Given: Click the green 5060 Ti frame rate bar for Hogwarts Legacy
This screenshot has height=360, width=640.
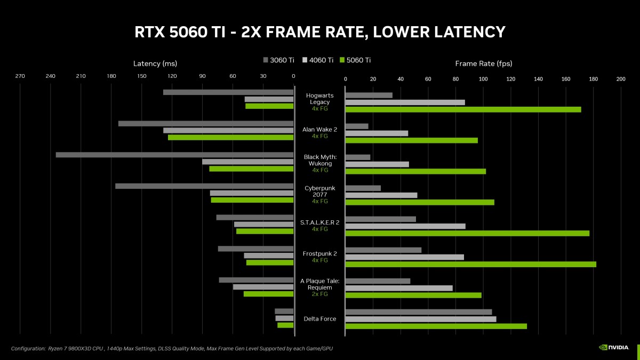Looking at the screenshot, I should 463,109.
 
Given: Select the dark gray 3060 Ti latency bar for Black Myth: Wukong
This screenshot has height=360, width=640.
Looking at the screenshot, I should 174,155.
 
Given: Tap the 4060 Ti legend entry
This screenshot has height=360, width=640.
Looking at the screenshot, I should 318,60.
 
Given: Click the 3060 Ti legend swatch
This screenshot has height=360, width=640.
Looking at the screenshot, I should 266,60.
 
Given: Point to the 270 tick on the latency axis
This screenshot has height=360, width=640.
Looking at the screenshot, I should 20,76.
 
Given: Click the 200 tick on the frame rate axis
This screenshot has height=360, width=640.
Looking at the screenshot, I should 620,79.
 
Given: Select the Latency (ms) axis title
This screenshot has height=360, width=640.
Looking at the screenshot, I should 155,63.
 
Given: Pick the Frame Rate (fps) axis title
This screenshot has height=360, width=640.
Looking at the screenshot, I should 483,63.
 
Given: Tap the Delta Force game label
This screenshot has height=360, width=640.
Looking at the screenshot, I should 320,319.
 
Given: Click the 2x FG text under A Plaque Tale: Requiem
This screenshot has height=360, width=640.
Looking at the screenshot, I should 320,294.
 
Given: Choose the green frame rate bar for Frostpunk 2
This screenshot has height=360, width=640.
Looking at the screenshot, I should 470,264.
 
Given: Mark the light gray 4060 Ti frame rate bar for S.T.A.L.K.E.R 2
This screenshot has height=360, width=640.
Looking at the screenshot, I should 405,226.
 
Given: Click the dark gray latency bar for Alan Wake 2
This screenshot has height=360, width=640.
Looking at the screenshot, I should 206,124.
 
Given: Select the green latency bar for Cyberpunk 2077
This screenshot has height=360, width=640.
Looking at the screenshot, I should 252,200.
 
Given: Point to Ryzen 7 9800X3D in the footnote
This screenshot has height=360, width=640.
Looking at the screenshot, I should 71,348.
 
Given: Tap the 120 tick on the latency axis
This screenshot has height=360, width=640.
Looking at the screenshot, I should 172,76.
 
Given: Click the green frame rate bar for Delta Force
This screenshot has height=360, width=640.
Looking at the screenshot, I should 436,326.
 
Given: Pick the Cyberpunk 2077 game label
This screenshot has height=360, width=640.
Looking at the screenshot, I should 320,191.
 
